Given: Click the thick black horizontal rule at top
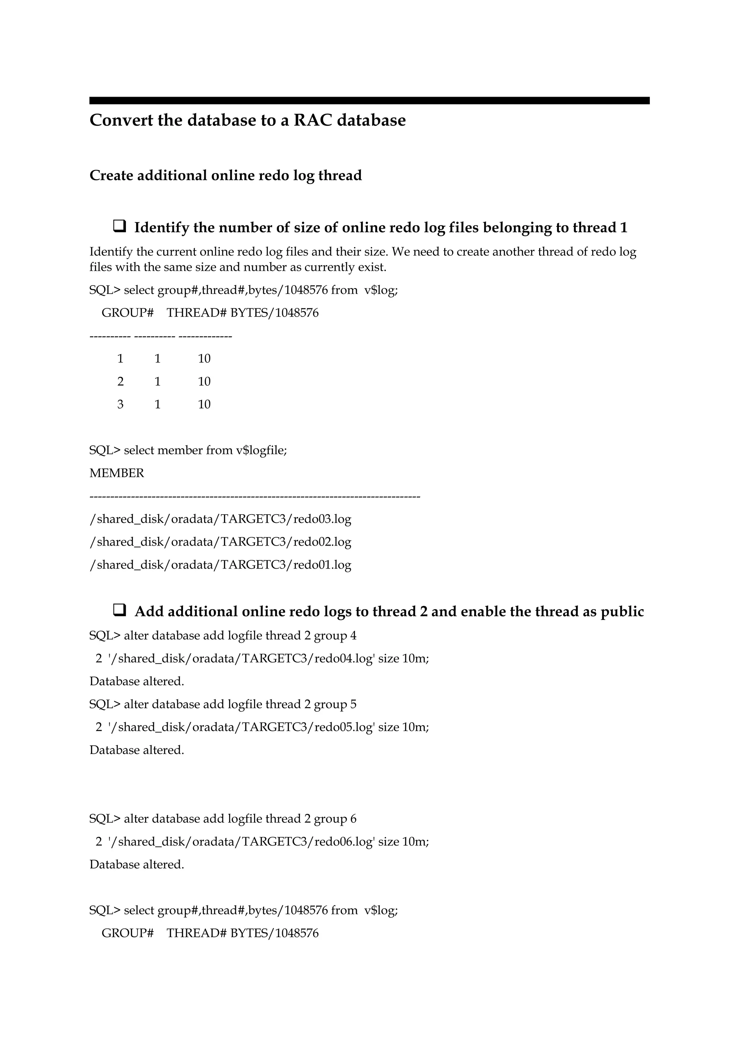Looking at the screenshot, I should pyautogui.click(x=369, y=101).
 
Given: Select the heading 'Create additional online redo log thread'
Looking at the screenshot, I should pyautogui.click(x=226, y=175).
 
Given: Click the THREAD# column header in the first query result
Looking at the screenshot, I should pyautogui.click(x=196, y=313).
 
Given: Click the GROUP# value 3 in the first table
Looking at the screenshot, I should pyautogui.click(x=120, y=404).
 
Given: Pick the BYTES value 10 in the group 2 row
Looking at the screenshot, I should pyautogui.click(x=204, y=382).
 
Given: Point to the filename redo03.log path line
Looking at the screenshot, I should pyautogui.click(x=220, y=519).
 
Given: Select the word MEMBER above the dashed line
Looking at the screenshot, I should pyautogui.click(x=117, y=473).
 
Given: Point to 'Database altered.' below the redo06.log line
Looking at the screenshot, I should pyautogui.click(x=137, y=864).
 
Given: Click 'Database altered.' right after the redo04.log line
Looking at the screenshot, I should pyautogui.click(x=137, y=682).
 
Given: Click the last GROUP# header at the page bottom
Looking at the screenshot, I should pyautogui.click(x=127, y=933).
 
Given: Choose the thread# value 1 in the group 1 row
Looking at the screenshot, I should pyautogui.click(x=158, y=359).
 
